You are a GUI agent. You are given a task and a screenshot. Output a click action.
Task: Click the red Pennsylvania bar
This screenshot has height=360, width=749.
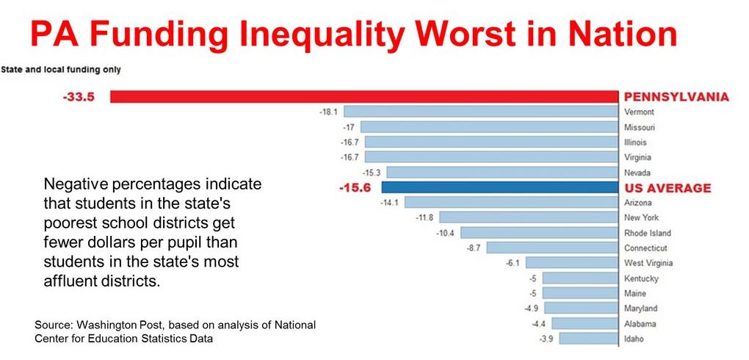click(363, 97)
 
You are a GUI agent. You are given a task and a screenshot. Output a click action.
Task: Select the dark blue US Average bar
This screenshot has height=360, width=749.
click(499, 187)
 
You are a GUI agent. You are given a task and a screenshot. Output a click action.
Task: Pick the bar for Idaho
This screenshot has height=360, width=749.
click(587, 339)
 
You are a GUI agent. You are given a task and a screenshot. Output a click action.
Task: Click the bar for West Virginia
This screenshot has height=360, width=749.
click(571, 263)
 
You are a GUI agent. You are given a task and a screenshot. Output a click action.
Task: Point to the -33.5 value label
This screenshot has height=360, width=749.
click(79, 97)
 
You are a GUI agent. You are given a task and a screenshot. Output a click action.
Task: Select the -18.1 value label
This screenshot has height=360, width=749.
click(328, 112)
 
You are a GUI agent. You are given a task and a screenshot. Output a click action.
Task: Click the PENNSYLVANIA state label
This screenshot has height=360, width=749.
click(676, 97)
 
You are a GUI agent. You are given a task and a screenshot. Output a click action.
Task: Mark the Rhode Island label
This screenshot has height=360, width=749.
click(648, 233)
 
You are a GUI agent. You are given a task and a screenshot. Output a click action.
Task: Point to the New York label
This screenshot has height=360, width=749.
click(642, 217)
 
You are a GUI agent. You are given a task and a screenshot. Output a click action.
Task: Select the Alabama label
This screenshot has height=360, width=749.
click(640, 323)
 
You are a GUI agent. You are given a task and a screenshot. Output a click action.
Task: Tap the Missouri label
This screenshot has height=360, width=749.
click(640, 127)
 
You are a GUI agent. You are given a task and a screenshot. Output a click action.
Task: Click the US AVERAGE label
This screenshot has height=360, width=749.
click(667, 188)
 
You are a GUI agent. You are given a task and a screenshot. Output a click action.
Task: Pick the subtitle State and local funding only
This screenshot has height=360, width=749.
click(61, 70)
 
